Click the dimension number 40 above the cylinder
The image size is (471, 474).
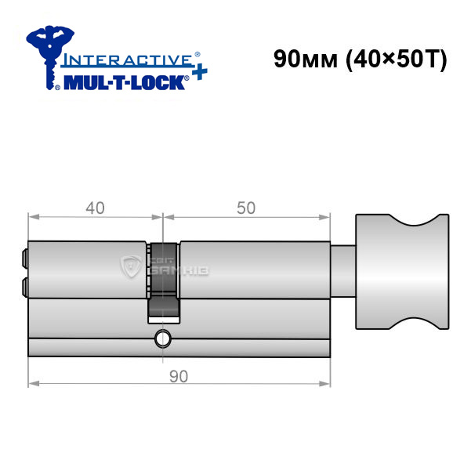[x=96, y=208]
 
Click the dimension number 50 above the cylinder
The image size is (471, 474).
[x=246, y=208]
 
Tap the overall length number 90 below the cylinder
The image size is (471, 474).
[x=179, y=376]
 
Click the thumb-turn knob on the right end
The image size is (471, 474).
[x=402, y=271]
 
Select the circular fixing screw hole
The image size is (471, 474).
[x=163, y=339]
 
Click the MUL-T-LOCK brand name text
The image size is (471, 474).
[x=125, y=83]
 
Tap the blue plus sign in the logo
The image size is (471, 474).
[x=200, y=72]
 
